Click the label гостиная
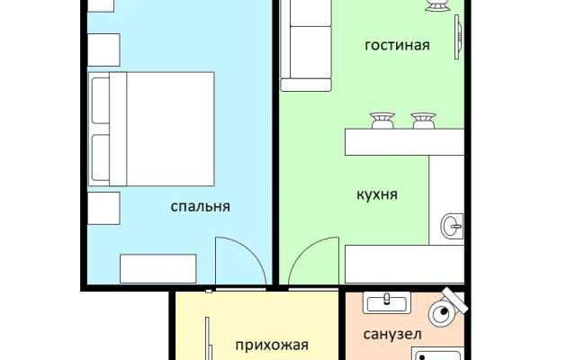coord(397,45)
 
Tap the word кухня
coord(377,194)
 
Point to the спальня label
coord(201,206)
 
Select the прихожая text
coord(272,345)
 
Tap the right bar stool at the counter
coord(423,120)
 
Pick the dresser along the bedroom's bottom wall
coord(158,268)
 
